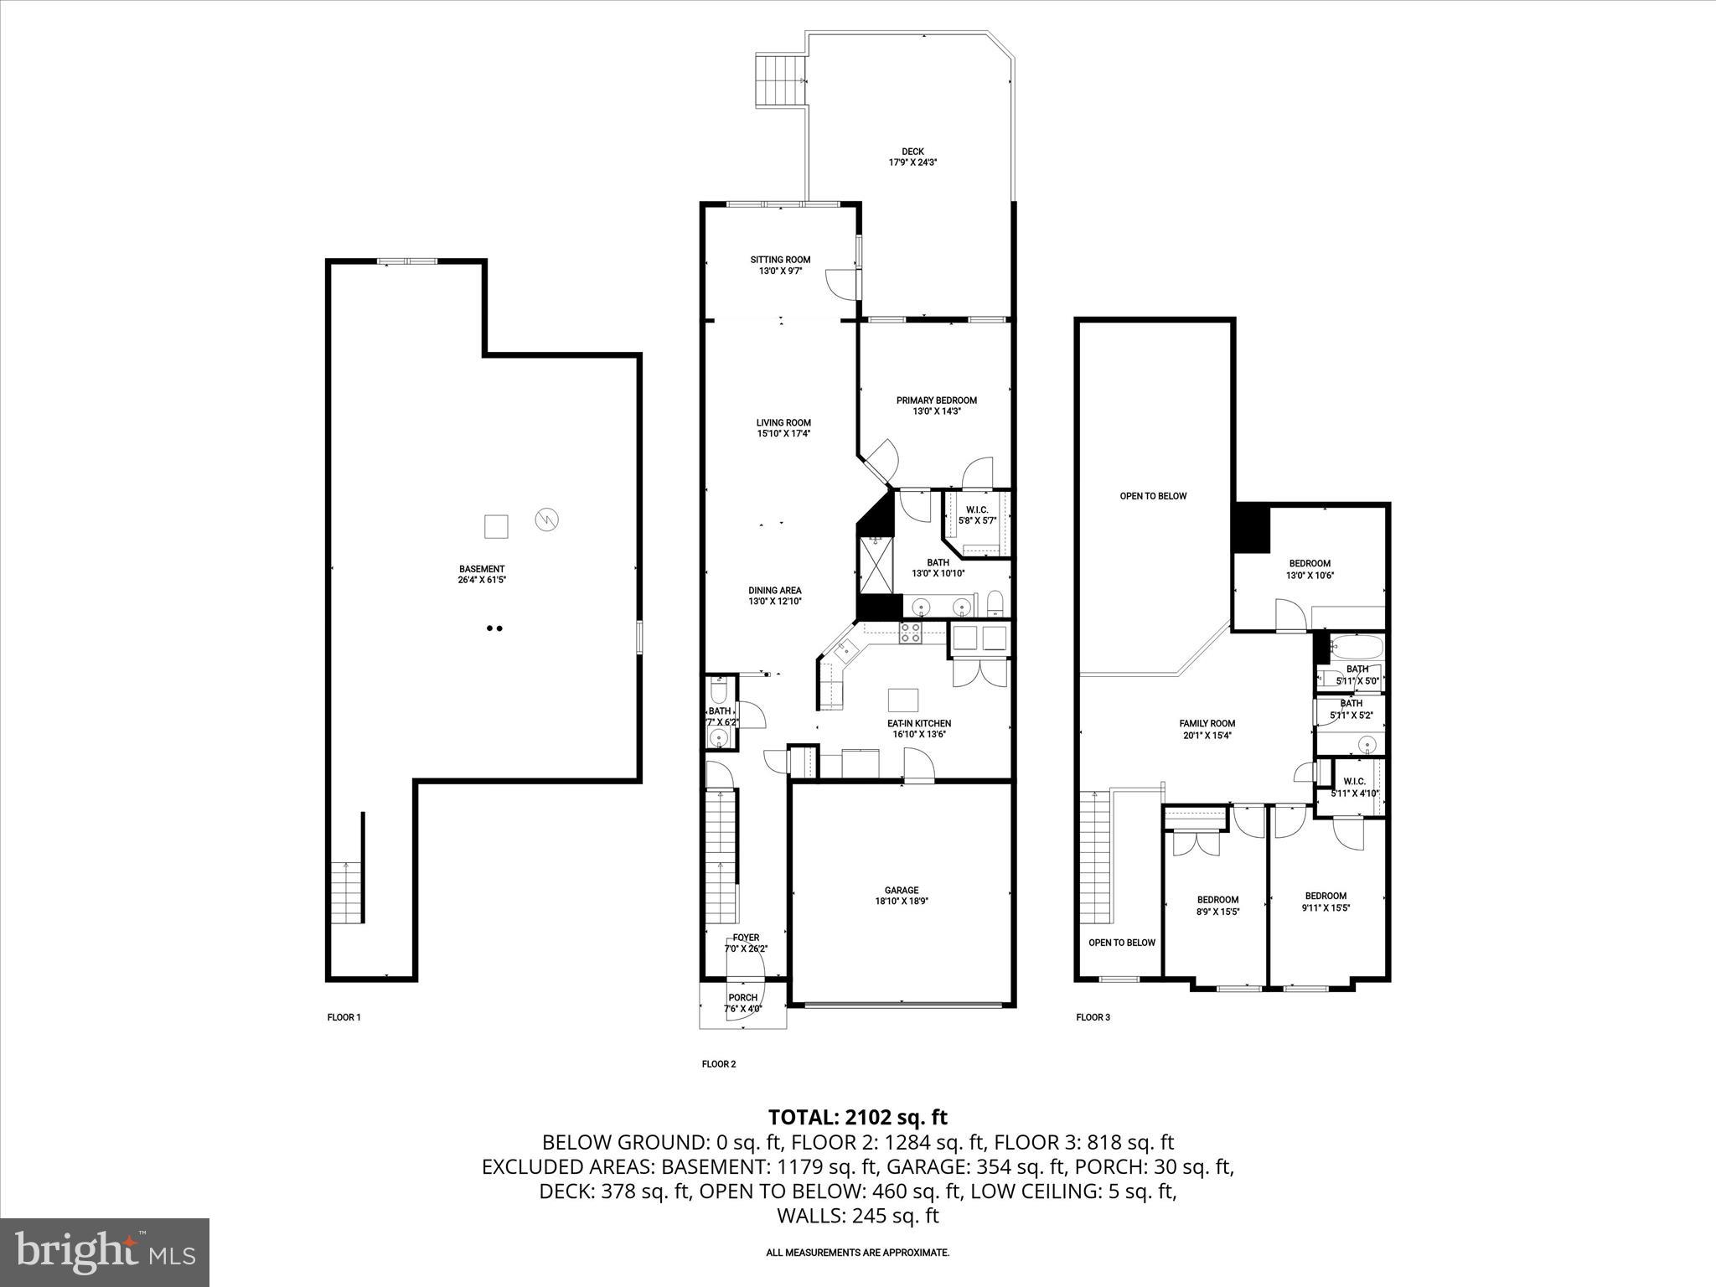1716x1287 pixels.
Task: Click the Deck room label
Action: pyautogui.click(x=912, y=152)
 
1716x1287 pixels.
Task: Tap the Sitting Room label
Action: pyautogui.click(x=780, y=260)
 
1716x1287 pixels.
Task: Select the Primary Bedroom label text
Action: pyautogui.click(x=936, y=401)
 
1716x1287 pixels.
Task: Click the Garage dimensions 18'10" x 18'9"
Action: pyautogui.click(x=902, y=902)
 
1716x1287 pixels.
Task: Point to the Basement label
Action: pyautogui.click(x=482, y=569)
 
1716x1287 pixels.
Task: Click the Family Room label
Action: pyautogui.click(x=1207, y=724)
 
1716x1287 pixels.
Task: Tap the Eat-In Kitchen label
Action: pyautogui.click(x=919, y=723)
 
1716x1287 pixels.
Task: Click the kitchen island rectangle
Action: pyautogui.click(x=903, y=699)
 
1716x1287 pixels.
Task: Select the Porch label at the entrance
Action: pyautogui.click(x=742, y=998)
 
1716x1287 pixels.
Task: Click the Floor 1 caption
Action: pyautogui.click(x=344, y=1017)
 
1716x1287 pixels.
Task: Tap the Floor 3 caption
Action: pyautogui.click(x=1093, y=1017)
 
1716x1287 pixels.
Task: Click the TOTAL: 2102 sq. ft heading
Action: pyautogui.click(x=857, y=1117)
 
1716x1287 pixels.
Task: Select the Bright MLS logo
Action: pyautogui.click(x=105, y=1253)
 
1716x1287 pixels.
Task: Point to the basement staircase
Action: pyautogui.click(x=346, y=892)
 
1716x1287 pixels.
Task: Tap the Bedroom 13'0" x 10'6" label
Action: pyautogui.click(x=1309, y=564)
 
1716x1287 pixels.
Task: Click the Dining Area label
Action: pyautogui.click(x=774, y=590)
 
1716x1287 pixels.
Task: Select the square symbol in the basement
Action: pyautogui.click(x=496, y=526)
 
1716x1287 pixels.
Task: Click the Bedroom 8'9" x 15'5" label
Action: pyautogui.click(x=1217, y=900)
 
